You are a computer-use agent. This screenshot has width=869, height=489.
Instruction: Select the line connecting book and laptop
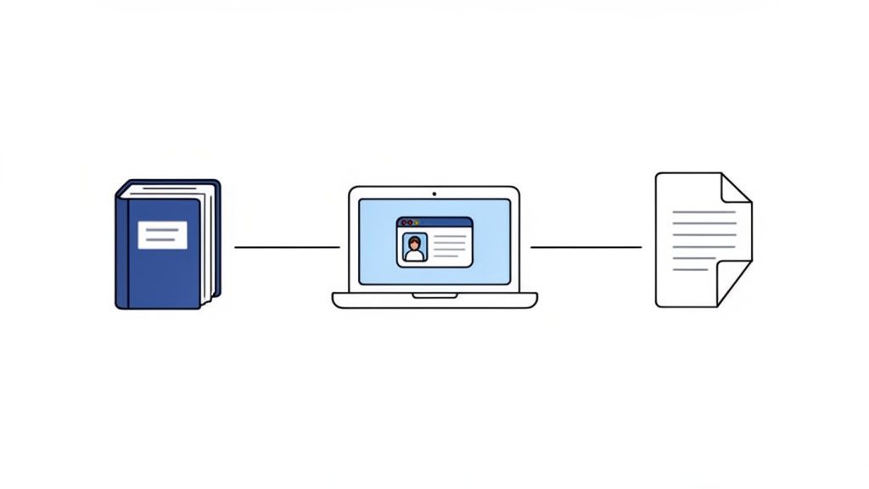click(x=286, y=247)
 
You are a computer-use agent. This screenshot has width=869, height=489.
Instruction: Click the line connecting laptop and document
click(x=586, y=247)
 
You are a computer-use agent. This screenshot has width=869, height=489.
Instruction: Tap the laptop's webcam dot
click(x=434, y=193)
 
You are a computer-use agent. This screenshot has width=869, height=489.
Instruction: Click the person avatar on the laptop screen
click(x=414, y=247)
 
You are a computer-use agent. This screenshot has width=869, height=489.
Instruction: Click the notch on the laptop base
click(x=434, y=295)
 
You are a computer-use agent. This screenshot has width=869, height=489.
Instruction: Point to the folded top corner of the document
click(x=735, y=188)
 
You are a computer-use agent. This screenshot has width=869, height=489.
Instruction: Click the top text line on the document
click(x=704, y=212)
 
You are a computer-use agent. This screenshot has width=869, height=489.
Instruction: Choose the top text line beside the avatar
click(x=450, y=238)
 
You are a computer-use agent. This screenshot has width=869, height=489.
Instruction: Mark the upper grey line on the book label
click(x=162, y=229)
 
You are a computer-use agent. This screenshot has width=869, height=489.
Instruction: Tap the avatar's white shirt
click(x=414, y=256)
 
